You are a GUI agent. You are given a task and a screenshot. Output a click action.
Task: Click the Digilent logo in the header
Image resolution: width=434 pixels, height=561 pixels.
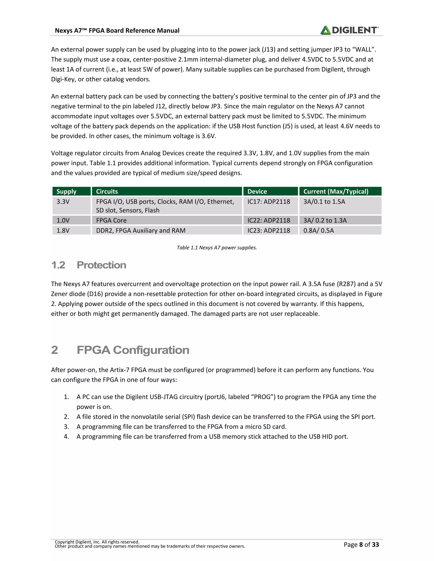349,30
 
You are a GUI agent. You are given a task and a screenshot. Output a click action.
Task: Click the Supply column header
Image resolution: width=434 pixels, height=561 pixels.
66,191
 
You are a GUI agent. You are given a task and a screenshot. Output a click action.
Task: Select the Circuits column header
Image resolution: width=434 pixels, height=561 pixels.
107,191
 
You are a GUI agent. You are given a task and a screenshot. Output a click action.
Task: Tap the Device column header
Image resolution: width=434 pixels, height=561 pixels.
257,191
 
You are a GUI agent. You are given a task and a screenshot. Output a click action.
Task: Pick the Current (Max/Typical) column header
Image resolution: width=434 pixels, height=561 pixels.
336,191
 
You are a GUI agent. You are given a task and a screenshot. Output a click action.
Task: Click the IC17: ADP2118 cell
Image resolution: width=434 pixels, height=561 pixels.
269,202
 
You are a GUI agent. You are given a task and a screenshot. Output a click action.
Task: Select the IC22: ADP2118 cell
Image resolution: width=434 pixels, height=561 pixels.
269,220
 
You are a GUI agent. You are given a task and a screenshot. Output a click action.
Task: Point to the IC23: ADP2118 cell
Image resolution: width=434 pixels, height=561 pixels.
269,230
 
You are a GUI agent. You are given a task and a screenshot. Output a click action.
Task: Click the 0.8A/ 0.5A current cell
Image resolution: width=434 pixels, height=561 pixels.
319,230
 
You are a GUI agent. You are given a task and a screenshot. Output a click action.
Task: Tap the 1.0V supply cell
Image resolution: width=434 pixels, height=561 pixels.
63,220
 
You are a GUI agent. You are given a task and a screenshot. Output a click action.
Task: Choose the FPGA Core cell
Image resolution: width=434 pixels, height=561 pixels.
111,220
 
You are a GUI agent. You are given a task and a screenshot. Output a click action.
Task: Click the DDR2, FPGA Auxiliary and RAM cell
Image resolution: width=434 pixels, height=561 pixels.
141,230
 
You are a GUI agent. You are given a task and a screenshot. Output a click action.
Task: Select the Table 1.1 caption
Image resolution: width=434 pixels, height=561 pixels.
217,248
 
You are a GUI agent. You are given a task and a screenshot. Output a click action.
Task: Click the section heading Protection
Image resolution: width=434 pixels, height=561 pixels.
101,265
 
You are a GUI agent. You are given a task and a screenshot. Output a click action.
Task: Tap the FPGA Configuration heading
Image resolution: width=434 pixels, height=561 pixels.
133,350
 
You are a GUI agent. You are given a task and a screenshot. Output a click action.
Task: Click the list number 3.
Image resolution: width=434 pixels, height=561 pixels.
66,427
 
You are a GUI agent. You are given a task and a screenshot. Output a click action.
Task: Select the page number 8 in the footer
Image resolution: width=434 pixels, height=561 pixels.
361,544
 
